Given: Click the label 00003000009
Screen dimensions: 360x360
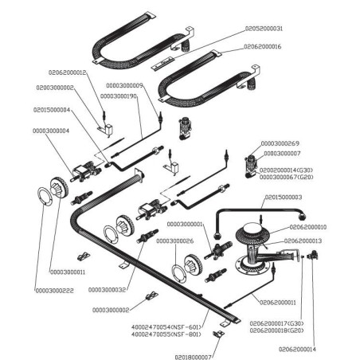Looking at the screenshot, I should pos(125,85).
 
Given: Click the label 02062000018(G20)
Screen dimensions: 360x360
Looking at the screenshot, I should pos(276,330).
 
